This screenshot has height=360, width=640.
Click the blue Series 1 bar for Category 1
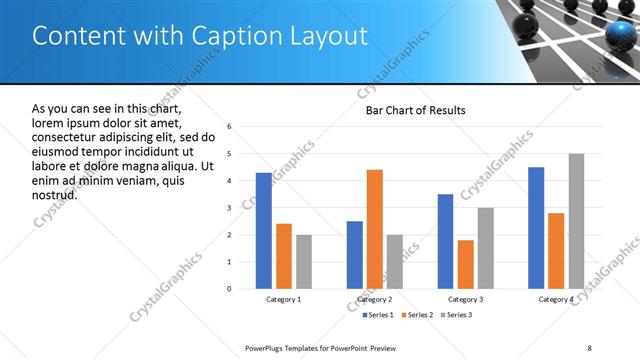pyautogui.click(x=263, y=231)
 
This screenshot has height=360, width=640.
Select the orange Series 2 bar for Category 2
pyautogui.click(x=375, y=229)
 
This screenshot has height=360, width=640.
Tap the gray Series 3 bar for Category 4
pyautogui.click(x=576, y=221)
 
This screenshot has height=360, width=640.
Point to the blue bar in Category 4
pyautogui.click(x=536, y=228)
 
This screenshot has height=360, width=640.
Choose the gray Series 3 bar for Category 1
pyautogui.click(x=304, y=262)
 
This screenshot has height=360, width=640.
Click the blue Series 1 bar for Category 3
pyautogui.click(x=445, y=241)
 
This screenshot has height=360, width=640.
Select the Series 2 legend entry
pyautogui.click(x=415, y=316)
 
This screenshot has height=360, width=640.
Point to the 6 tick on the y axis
pyautogui.click(x=229, y=127)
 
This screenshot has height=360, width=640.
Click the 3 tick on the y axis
pyautogui.click(x=229, y=208)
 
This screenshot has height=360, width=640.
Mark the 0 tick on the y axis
pyautogui.click(x=229, y=289)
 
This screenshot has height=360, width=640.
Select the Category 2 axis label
pyautogui.click(x=374, y=300)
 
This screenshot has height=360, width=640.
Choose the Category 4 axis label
pyautogui.click(x=556, y=300)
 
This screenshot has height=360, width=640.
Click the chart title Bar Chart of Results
pyautogui.click(x=415, y=110)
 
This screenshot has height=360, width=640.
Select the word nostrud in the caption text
pyautogui.click(x=54, y=194)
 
